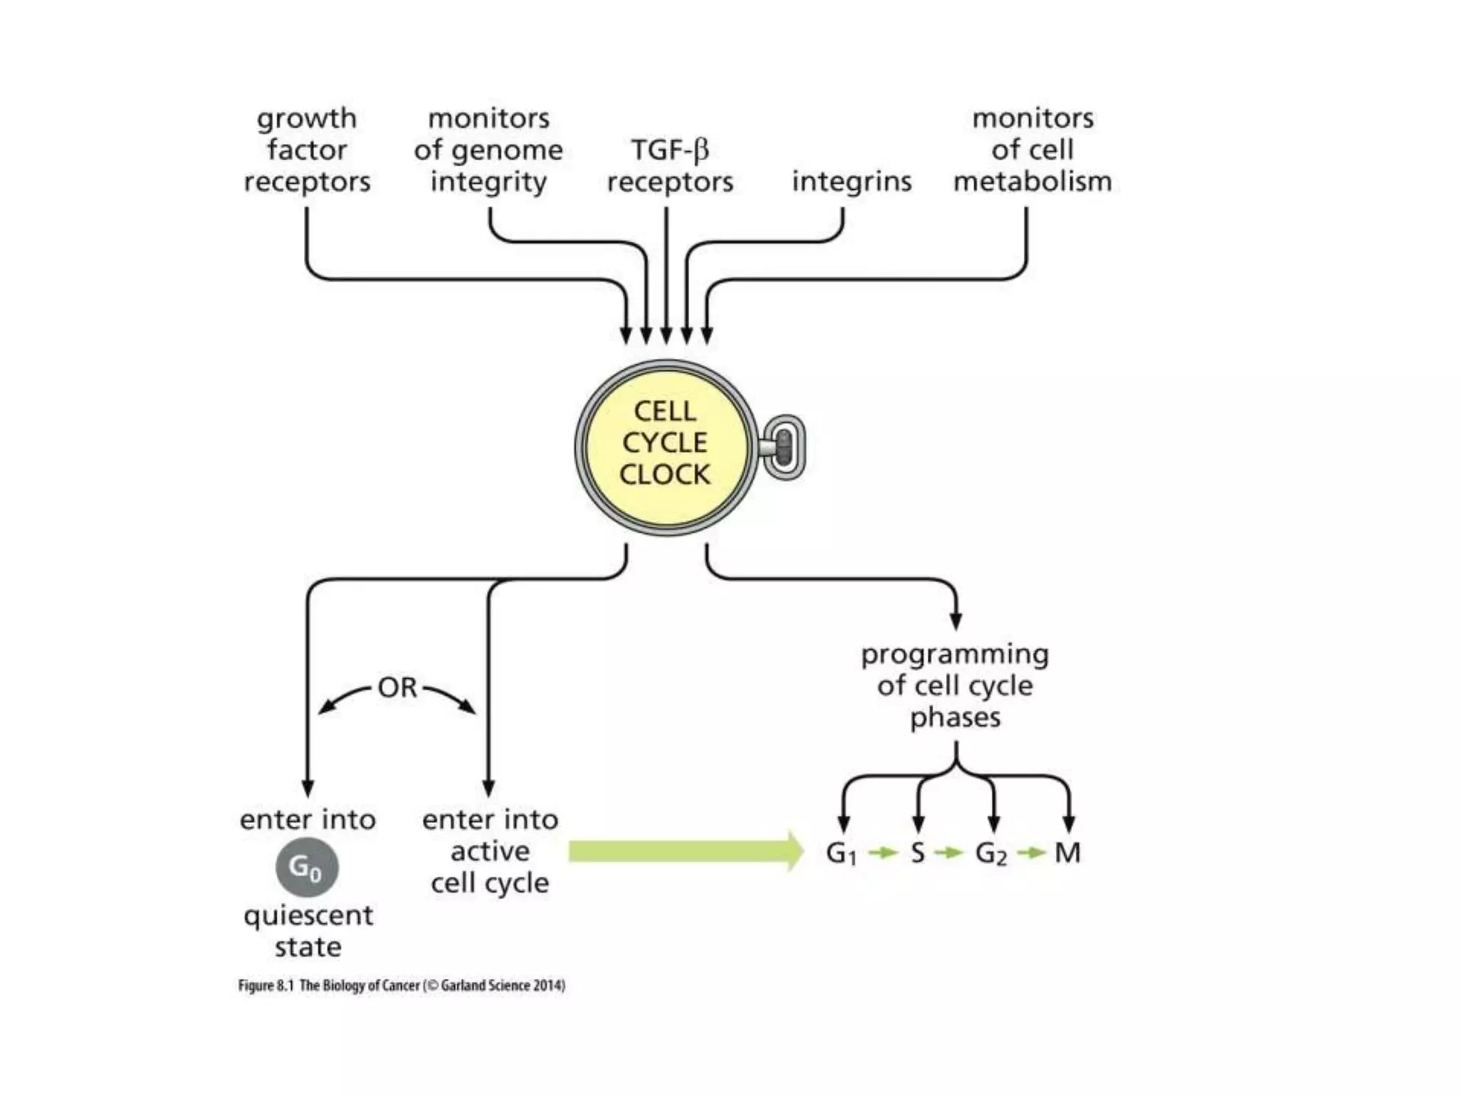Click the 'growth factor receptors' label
[x=307, y=150]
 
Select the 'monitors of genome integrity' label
[x=489, y=150]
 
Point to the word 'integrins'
[x=852, y=181]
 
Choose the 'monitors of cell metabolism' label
[x=1032, y=150]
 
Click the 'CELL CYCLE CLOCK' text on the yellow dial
[x=665, y=443]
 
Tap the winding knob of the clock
[x=783, y=447]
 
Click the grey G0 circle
[x=307, y=868]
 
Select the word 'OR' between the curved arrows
[x=397, y=688]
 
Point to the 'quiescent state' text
[x=307, y=930]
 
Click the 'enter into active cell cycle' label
[x=490, y=851]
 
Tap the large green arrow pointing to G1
[x=685, y=851]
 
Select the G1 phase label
[x=841, y=853]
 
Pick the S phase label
[x=918, y=853]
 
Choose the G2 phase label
[x=991, y=853]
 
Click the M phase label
[x=1067, y=853]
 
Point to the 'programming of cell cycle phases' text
[x=955, y=685]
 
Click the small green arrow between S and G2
[x=949, y=853]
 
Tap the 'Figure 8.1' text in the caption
[x=265, y=985]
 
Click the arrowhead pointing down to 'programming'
[x=956, y=620]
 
